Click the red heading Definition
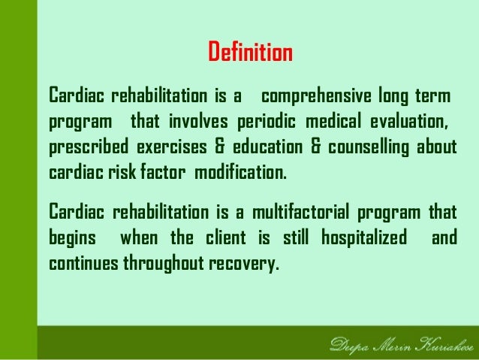250,54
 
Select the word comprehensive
318,97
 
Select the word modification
240,171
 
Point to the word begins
72,239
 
